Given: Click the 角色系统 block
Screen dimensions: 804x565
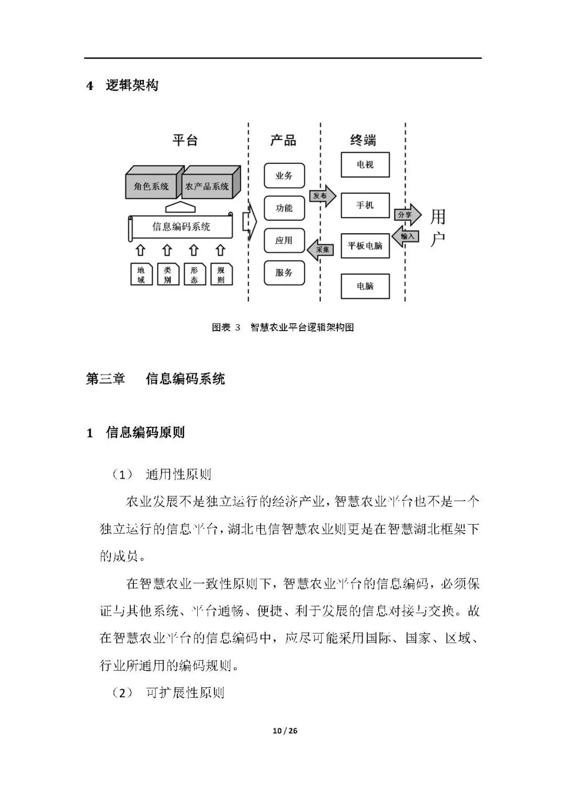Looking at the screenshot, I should click(x=151, y=186).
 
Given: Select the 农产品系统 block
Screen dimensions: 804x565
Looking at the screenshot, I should click(x=207, y=186).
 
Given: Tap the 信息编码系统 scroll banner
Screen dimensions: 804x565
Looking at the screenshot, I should click(x=181, y=227).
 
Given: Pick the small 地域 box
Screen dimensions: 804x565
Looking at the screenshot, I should click(x=141, y=275).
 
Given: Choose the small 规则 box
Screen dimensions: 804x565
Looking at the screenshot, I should click(x=221, y=275).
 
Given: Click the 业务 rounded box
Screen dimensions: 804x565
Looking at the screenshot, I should click(x=284, y=176).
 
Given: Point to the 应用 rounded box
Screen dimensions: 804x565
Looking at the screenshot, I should click(x=284, y=241).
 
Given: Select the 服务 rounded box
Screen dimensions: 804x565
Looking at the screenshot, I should click(x=284, y=273).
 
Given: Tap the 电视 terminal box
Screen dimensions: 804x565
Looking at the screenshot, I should click(x=365, y=165).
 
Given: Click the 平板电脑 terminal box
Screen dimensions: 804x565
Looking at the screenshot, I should click(x=365, y=246).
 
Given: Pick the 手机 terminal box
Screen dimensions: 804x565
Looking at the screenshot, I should click(x=365, y=205).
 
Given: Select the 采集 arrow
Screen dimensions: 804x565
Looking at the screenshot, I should click(x=321, y=250).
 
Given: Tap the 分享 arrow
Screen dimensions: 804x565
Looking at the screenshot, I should click(x=406, y=214).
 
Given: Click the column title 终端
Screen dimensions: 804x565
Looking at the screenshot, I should click(x=363, y=140).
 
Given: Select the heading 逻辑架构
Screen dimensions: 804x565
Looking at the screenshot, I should click(x=132, y=85).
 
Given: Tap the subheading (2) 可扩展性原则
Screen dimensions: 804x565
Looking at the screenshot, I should click(x=168, y=693).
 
